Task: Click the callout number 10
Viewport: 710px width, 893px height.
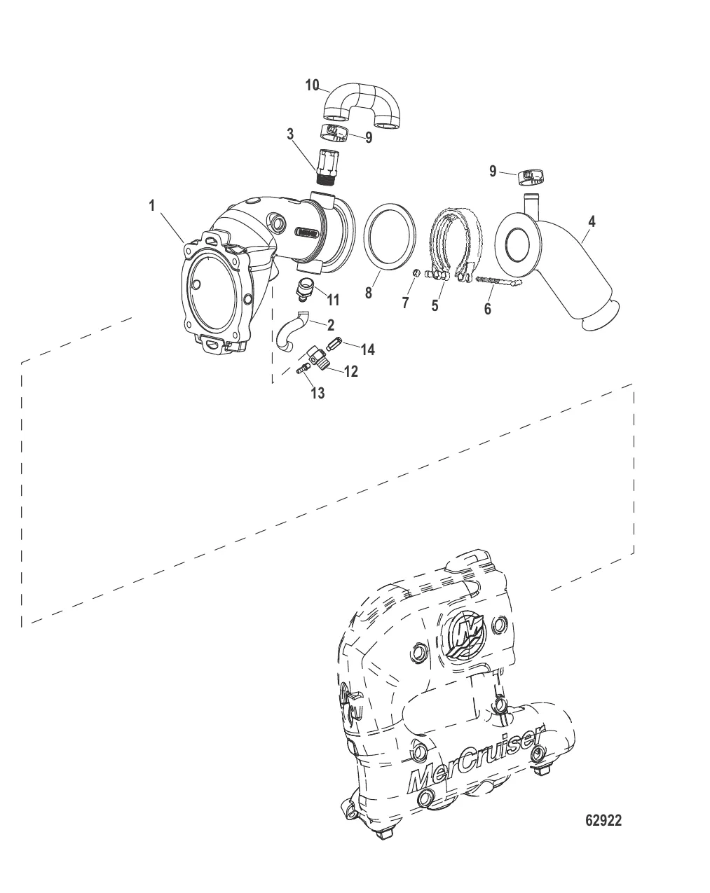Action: (x=312, y=85)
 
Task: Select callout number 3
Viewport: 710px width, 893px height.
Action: (x=289, y=134)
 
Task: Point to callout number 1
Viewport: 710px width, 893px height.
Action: (x=152, y=205)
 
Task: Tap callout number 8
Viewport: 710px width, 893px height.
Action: (x=368, y=293)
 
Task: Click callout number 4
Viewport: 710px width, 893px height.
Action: (x=592, y=221)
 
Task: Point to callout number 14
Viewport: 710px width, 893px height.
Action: (x=367, y=349)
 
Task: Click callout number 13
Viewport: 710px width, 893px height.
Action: (x=318, y=392)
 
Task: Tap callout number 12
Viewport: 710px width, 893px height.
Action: (x=351, y=371)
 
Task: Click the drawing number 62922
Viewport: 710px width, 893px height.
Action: (x=603, y=820)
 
